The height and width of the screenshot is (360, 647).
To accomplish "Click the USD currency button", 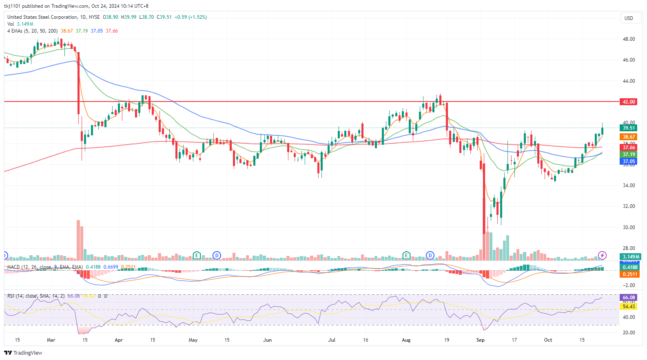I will click(629, 18).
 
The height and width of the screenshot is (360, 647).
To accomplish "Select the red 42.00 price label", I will click(628, 102).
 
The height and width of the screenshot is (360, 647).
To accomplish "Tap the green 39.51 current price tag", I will click(628, 128).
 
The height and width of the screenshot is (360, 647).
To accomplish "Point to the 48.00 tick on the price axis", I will click(628, 39).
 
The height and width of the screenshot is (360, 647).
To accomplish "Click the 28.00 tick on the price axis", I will click(628, 248).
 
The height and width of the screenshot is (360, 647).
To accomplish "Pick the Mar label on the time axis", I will click(51, 340).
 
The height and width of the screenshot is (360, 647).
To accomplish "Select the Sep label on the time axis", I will click(481, 340).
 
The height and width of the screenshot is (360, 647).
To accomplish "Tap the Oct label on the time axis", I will click(548, 340).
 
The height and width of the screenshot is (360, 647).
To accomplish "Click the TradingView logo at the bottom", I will click(23, 353).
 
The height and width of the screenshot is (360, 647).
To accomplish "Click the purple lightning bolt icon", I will click(602, 256).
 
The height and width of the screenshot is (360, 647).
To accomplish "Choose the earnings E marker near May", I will click(197, 256).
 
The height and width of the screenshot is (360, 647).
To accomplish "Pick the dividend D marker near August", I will click(430, 256).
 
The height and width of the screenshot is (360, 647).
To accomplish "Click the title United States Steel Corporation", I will click(42, 17).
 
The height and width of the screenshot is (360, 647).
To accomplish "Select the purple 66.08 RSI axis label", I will click(629, 298).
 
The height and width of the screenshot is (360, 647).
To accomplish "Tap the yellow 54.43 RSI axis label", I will click(629, 307).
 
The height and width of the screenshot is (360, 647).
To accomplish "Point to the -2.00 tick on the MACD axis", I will click(629, 285).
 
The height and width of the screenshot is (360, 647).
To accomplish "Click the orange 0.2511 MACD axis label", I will click(630, 274).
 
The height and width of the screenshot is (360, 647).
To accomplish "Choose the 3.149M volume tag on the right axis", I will click(630, 257).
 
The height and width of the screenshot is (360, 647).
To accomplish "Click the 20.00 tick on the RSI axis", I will click(629, 333).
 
